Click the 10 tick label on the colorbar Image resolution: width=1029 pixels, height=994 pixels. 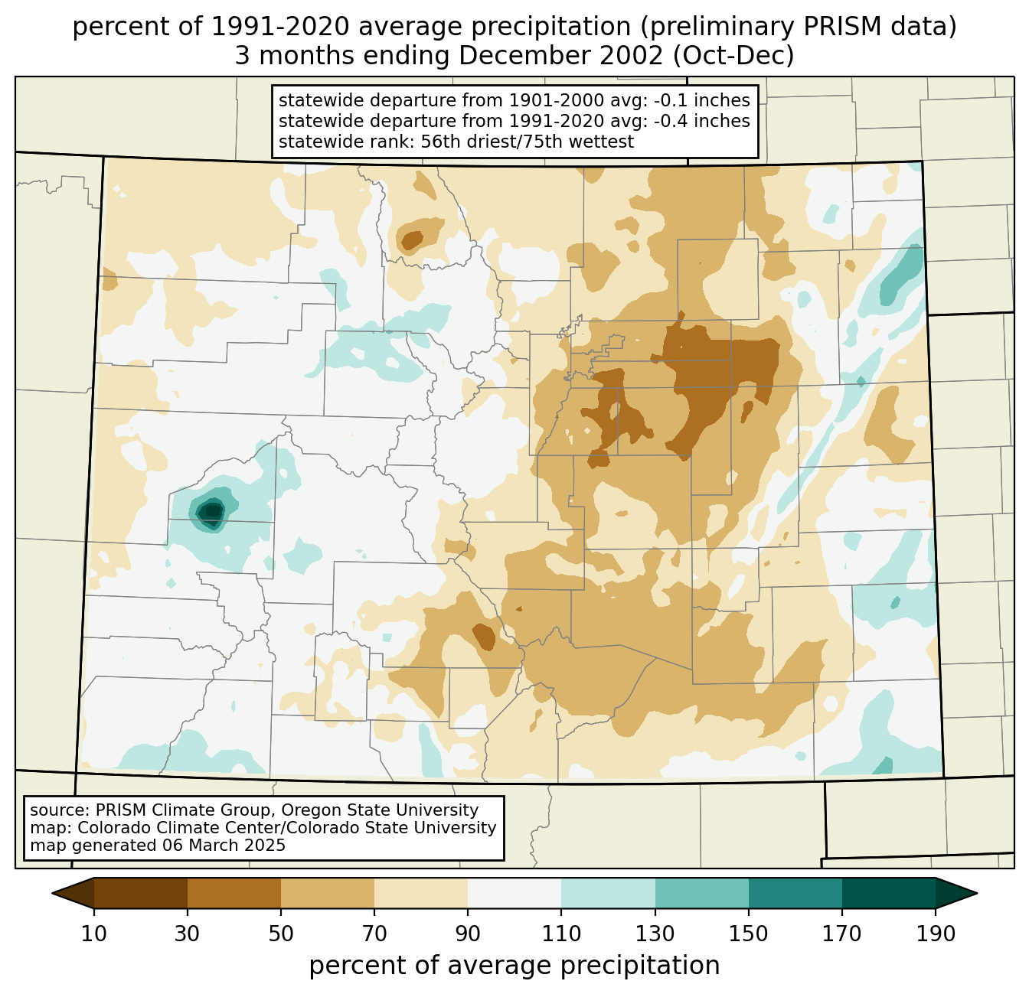click(94, 934)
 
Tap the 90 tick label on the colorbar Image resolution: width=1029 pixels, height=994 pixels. click(468, 934)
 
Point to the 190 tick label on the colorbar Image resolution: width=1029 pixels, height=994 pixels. click(936, 934)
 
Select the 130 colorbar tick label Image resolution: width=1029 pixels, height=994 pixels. click(655, 934)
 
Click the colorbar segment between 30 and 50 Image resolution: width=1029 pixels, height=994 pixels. click(234, 893)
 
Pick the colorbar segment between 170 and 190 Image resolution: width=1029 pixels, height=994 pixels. click(889, 893)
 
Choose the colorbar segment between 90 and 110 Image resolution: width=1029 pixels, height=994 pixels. click(514, 893)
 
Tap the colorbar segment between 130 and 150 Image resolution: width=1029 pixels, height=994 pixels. click(702, 893)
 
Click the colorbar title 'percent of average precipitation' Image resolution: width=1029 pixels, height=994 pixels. click(514, 966)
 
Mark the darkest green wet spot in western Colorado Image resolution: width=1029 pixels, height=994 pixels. click(211, 510)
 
